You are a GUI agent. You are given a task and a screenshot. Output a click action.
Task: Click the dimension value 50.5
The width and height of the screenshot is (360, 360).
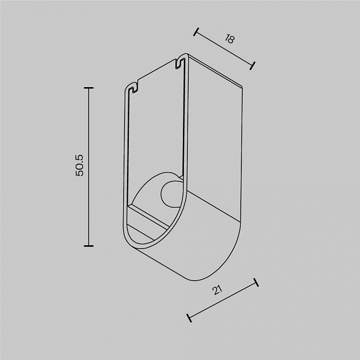point(80,165)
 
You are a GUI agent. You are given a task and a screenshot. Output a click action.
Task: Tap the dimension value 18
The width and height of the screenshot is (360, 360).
point(229,39)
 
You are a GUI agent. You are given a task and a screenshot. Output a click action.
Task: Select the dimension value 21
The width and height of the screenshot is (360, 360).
point(217,290)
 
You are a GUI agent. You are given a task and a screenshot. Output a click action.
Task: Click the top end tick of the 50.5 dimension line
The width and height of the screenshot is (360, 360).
point(89,88)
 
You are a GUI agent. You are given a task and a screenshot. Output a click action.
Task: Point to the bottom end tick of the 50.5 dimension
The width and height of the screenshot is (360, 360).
point(89,246)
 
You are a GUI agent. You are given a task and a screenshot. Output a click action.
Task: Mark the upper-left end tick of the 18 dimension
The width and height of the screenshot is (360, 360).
point(196,32)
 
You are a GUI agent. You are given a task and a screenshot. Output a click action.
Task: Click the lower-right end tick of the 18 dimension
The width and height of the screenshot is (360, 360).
point(252,66)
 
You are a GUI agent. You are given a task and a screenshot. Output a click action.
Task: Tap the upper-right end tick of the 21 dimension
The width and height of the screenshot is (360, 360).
point(256,282)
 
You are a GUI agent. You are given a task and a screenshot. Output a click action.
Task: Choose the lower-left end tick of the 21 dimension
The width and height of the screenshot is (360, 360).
point(189,318)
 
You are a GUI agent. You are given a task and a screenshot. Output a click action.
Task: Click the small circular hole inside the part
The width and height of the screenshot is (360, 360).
point(171,192)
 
